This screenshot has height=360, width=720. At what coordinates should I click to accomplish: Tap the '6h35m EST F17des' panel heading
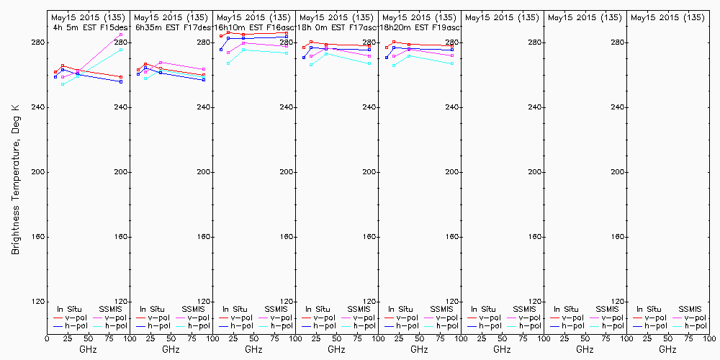(x=171, y=27)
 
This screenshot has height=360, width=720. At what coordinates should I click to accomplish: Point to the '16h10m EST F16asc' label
(x=253, y=27)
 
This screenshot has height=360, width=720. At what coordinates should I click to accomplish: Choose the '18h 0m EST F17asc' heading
(x=336, y=27)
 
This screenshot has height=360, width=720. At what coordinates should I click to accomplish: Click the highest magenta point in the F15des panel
(x=121, y=35)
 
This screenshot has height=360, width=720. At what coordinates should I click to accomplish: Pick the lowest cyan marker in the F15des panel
(x=63, y=84)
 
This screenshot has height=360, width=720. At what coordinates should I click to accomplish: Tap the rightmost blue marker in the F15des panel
(x=121, y=81)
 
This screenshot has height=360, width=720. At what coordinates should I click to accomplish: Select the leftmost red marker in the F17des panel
(x=138, y=70)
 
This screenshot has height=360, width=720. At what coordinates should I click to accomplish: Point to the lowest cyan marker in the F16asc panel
(x=228, y=63)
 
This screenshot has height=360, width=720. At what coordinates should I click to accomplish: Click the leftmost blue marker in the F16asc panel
(x=221, y=50)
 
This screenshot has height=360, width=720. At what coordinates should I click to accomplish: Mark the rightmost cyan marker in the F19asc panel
(x=452, y=63)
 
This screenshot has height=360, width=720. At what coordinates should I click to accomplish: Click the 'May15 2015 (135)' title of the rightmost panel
(x=666, y=17)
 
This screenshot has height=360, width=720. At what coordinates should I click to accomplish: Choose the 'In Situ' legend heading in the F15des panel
(x=71, y=309)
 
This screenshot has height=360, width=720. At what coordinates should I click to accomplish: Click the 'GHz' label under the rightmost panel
(x=667, y=349)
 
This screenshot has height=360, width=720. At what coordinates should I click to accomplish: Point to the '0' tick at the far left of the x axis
(x=47, y=338)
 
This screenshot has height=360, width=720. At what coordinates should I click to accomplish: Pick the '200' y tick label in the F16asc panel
(x=288, y=172)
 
